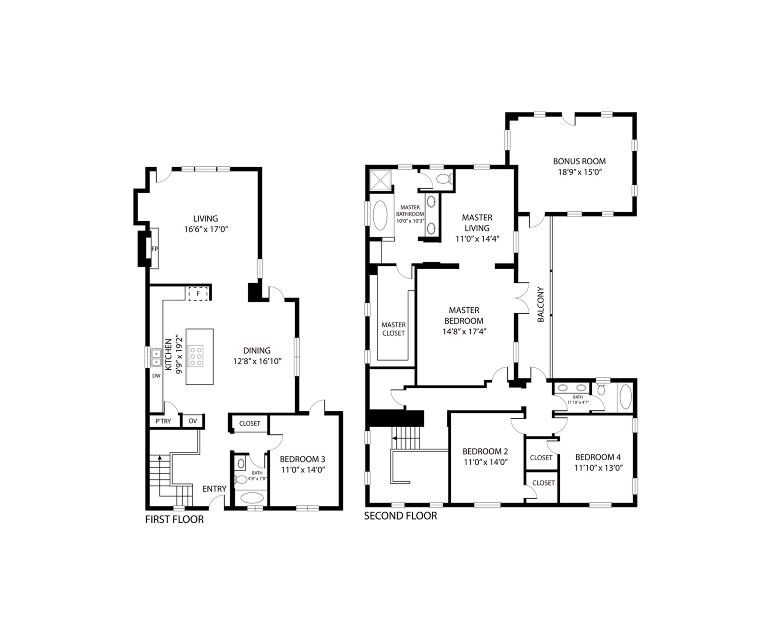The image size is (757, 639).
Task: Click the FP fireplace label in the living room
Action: pos(155,249)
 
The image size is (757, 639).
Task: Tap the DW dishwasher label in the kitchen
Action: pos(157,376)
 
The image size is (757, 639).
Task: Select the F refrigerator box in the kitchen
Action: pos(198,294)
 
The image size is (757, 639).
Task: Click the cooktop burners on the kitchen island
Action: pos(196,356)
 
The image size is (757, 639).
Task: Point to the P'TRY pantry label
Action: pos(163,421)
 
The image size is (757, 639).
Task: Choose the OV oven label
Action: pos(192,421)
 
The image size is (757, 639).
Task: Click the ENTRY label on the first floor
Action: pos(214,489)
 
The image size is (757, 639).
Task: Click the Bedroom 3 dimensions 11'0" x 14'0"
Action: pos(303,470)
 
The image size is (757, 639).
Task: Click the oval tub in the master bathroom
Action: pos(380,216)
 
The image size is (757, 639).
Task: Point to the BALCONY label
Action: pos(541,304)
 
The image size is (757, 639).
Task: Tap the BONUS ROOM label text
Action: pos(579,161)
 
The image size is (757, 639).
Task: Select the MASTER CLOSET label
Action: pos(393,329)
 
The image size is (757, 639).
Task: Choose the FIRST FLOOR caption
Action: pos(174,520)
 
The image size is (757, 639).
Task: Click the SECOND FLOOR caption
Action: pos(401,516)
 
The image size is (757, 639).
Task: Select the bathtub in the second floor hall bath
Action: pos(626,397)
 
